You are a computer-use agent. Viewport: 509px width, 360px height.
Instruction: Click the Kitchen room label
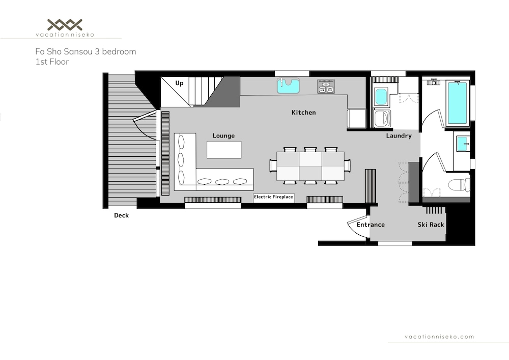click(x=303, y=113)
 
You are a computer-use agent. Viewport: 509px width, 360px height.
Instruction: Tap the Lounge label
click(x=223, y=135)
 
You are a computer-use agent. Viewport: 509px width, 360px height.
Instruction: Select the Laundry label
click(x=399, y=135)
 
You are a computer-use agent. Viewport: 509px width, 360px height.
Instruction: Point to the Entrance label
click(x=371, y=225)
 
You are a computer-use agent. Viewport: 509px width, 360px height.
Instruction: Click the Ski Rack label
click(x=431, y=225)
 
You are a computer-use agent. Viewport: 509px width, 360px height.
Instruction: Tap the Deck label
click(x=122, y=215)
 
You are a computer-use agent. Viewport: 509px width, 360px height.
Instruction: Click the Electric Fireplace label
click(x=273, y=197)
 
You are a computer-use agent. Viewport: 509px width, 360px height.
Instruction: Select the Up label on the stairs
click(x=179, y=83)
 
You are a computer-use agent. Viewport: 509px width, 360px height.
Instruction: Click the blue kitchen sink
click(x=288, y=86)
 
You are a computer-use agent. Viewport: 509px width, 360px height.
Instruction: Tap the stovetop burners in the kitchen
click(x=326, y=87)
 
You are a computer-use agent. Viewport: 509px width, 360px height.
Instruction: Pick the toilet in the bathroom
click(x=459, y=185)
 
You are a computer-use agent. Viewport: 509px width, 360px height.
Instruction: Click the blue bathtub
click(x=457, y=103)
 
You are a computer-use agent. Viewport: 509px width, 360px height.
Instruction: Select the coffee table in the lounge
click(x=224, y=150)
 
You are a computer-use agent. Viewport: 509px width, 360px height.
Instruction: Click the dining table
click(x=310, y=166)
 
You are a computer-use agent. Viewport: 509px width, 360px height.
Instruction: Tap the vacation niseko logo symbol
click(x=65, y=24)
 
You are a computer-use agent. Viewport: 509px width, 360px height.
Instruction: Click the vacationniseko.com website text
click(x=439, y=337)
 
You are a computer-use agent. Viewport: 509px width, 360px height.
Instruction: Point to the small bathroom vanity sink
click(x=462, y=144)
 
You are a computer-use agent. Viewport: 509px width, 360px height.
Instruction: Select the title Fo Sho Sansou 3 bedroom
click(x=86, y=51)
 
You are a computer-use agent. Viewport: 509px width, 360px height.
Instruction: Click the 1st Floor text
click(x=52, y=62)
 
